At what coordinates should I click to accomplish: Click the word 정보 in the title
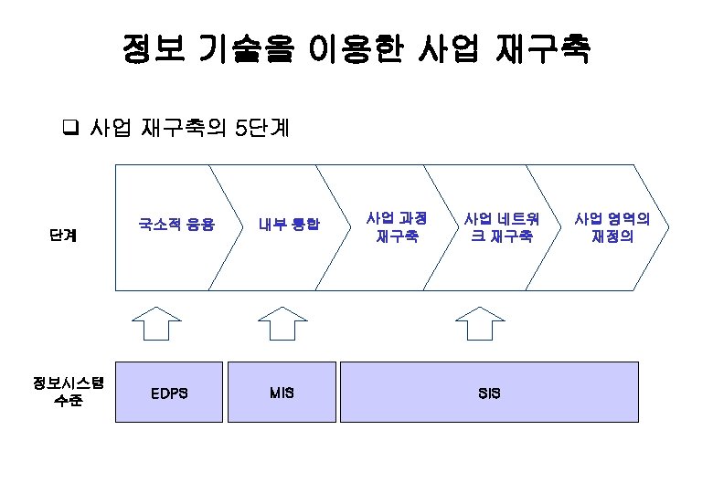coord(151,49)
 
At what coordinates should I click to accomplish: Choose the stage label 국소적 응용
coord(176,224)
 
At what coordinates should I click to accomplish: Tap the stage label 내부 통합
coord(289,224)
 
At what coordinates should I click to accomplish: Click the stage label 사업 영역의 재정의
coord(612,227)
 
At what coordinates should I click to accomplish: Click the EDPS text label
coord(169,393)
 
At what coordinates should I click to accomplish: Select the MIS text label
coord(282,393)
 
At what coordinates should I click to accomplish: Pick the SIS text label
coord(489,393)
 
